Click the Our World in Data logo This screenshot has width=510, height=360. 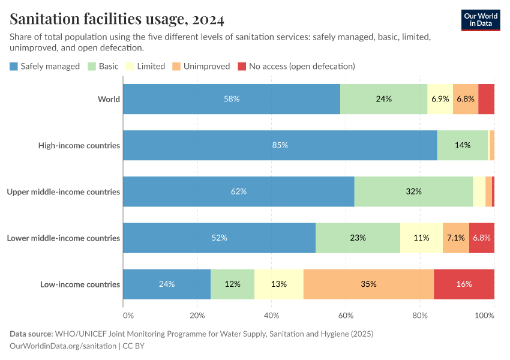481,20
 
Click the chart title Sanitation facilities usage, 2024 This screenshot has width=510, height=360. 117,20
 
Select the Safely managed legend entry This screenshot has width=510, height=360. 44,66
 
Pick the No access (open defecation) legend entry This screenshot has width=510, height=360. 296,66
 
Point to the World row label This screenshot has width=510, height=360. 109,99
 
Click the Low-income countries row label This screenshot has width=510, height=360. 80,284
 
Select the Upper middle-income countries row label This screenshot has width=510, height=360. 63,191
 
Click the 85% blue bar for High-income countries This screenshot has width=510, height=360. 280,145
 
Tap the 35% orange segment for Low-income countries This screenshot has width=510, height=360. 368,284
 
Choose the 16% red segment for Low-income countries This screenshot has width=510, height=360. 464,284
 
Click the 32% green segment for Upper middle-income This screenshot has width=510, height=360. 413,191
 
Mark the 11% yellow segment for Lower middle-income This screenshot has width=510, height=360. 421,238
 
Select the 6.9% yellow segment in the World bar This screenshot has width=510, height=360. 440,99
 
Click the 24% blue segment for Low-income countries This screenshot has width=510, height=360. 167,284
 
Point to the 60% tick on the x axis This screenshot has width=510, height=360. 346,315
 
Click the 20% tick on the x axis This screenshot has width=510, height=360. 197,315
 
